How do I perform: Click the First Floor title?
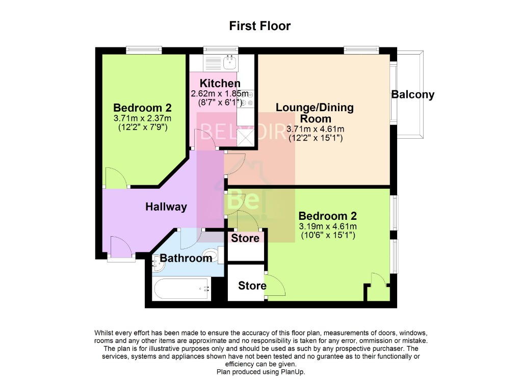pos(260,26)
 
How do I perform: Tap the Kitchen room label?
pos(220,83)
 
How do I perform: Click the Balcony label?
pos(413,94)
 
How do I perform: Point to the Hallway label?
pos(166,207)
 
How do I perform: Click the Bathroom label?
pos(186,258)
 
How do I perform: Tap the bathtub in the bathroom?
pos(181,289)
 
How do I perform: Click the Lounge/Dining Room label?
pos(315,113)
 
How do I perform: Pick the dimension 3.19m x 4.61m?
pos(327,226)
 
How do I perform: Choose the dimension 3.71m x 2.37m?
pos(142,118)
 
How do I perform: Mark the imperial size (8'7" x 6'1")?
pos(220,103)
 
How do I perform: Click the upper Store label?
pos(246,238)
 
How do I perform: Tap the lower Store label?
pos(252,285)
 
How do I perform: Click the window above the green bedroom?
pos(144,49)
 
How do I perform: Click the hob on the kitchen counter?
pos(246,99)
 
